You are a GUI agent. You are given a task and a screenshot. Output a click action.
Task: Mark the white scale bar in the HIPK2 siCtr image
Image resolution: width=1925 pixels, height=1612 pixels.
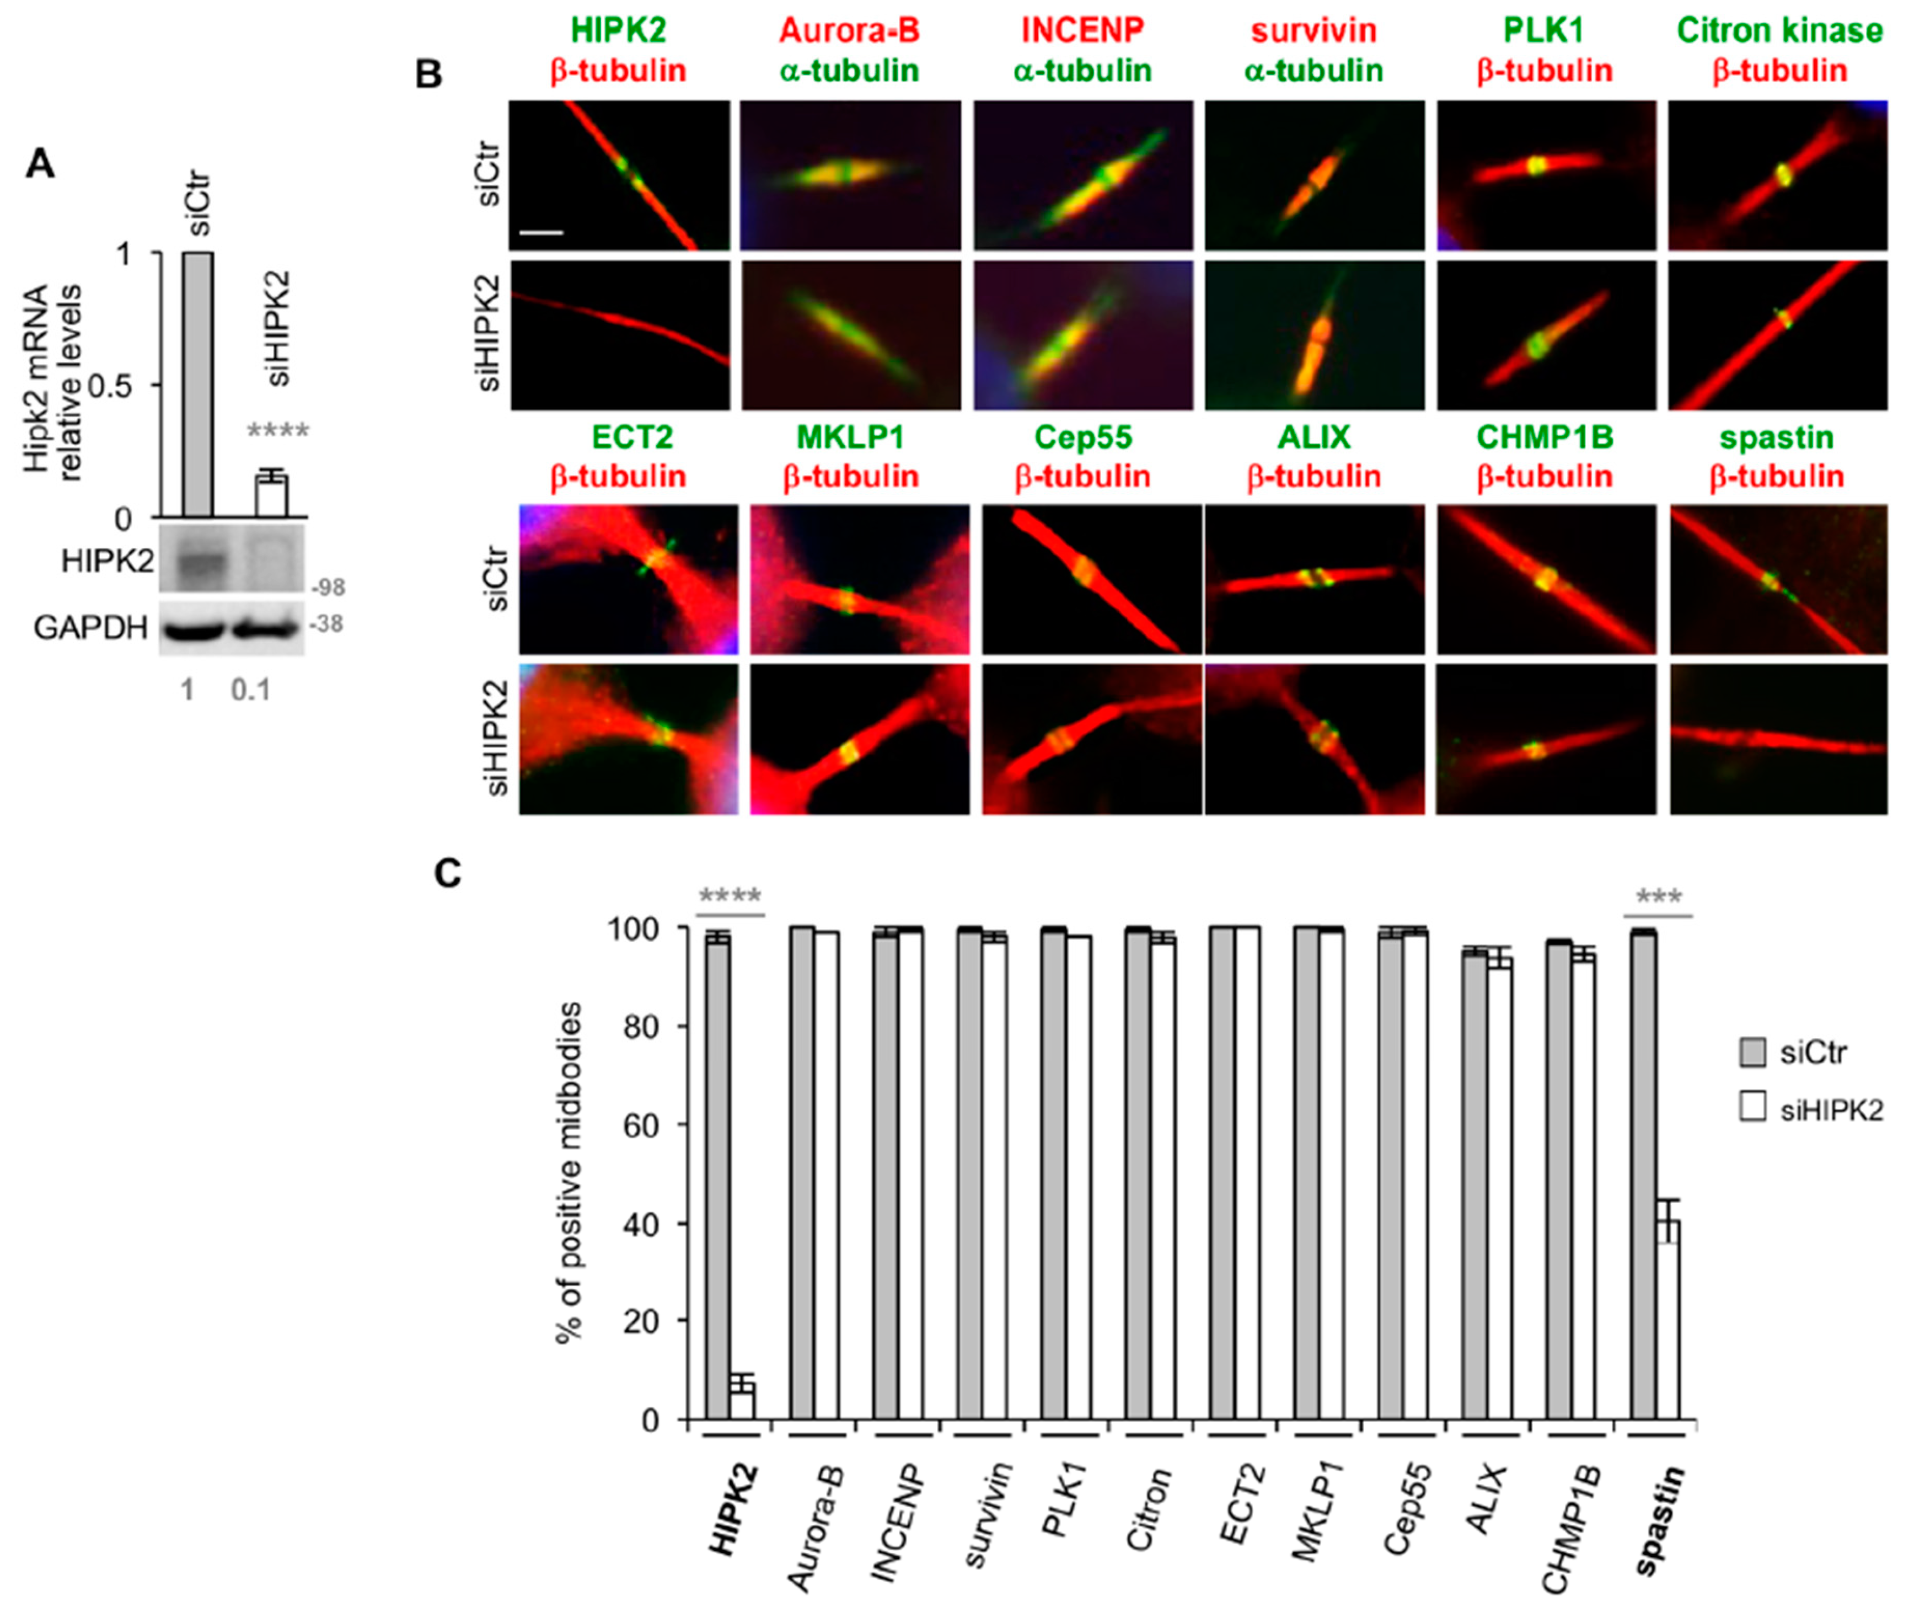point(541,232)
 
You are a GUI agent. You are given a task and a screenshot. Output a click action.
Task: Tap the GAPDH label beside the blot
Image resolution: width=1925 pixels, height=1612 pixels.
point(91,628)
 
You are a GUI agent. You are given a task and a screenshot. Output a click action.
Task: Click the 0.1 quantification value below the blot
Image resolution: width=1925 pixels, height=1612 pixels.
point(250,690)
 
